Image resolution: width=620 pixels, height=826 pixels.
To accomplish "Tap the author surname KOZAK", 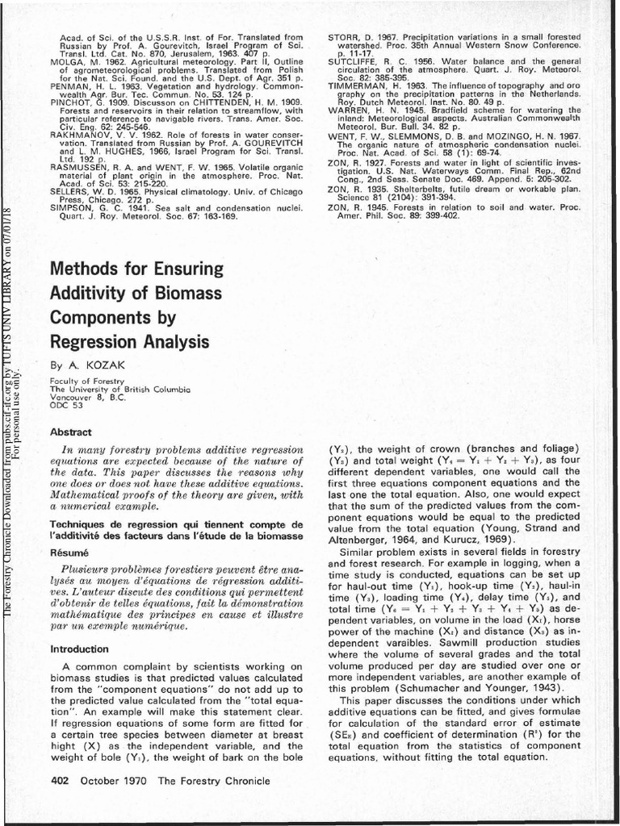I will click(107, 365).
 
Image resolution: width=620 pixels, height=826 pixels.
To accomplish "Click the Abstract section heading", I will click(71, 432).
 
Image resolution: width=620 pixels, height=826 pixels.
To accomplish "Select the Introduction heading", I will click(79, 649).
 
